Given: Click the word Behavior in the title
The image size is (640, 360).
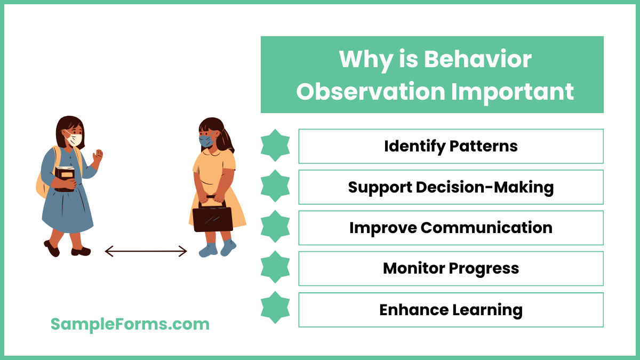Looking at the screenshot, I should pos(478,59).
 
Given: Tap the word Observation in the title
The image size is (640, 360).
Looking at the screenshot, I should pos(370,91).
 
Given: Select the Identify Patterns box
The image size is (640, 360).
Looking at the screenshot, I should pos(451,146).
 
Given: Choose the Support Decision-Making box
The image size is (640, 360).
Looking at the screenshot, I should pos(451,187).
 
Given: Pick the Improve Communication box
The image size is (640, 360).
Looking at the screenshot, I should pos(451,228).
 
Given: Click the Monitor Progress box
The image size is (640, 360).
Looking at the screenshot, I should pos(451,269).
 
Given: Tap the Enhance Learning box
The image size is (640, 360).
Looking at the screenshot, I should pos(451,310).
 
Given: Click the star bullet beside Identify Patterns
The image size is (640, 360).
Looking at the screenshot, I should pos(275,146).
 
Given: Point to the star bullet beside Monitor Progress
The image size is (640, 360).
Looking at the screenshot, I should pos(275,267).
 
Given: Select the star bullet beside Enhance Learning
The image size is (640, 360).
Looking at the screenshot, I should pos(275,308).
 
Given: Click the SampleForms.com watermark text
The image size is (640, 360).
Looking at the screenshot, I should pos(130,324).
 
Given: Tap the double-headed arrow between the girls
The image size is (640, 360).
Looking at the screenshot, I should pos(146,251).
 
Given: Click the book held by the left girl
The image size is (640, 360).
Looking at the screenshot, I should pos(65,178).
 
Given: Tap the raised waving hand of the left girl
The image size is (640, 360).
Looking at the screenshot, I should pos(97,156).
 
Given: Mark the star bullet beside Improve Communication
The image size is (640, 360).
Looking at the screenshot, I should pos(275,227).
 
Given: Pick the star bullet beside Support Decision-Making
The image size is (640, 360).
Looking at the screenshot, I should pos(275,186).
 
